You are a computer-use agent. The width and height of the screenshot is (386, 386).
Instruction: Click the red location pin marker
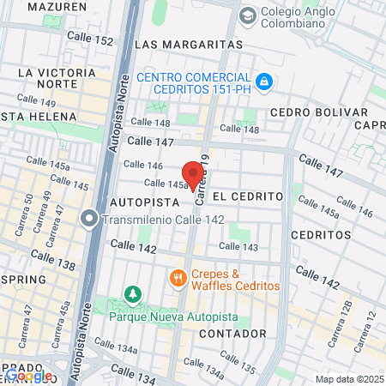point(194,173)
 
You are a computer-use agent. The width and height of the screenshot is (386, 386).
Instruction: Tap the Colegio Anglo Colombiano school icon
point(248,15)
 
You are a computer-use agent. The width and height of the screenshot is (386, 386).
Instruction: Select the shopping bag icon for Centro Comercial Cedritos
point(266,81)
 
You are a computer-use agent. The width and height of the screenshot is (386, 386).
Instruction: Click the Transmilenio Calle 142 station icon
point(89,219)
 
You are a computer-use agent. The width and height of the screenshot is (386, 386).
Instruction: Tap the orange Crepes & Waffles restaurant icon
point(178,277)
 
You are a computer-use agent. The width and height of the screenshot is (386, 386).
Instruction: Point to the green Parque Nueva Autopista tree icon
point(133,294)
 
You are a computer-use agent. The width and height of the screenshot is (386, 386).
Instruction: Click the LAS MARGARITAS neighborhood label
point(189,44)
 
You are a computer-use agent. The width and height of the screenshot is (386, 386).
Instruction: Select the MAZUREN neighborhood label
point(57,6)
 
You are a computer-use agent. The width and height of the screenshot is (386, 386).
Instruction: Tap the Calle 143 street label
point(244,247)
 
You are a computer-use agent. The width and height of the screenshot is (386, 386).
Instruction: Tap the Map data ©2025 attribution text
point(348,379)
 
